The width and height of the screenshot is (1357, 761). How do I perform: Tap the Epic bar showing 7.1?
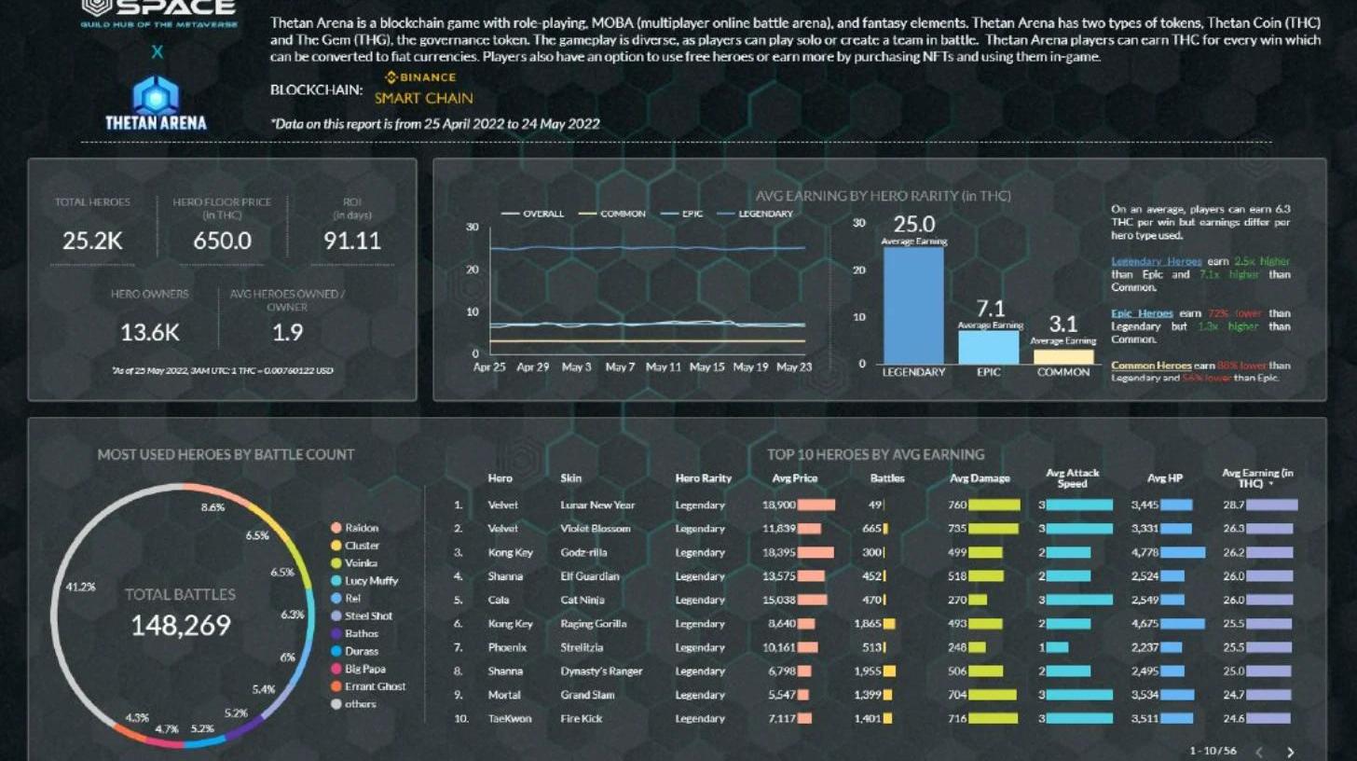pos(988,346)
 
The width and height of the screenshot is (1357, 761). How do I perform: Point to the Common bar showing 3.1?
pos(1063,355)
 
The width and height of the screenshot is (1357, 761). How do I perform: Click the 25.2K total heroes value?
pos(92,241)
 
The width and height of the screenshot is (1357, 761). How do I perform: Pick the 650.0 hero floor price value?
pos(222,241)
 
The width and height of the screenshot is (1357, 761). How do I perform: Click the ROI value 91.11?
pos(351,241)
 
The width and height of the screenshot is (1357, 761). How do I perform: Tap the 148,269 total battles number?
pos(180,626)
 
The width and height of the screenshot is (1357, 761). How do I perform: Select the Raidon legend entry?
pos(361,528)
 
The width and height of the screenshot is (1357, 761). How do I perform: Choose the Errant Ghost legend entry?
pos(375,686)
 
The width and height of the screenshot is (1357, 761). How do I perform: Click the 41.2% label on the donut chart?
pos(80,587)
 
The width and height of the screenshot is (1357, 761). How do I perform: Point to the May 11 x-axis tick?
pos(663,367)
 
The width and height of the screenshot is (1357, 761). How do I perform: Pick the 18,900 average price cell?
pos(778,505)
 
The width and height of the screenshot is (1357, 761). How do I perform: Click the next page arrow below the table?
pos(1290,752)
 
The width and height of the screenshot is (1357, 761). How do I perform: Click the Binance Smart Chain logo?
pos(423,89)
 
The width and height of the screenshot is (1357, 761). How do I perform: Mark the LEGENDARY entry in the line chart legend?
pos(765,214)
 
